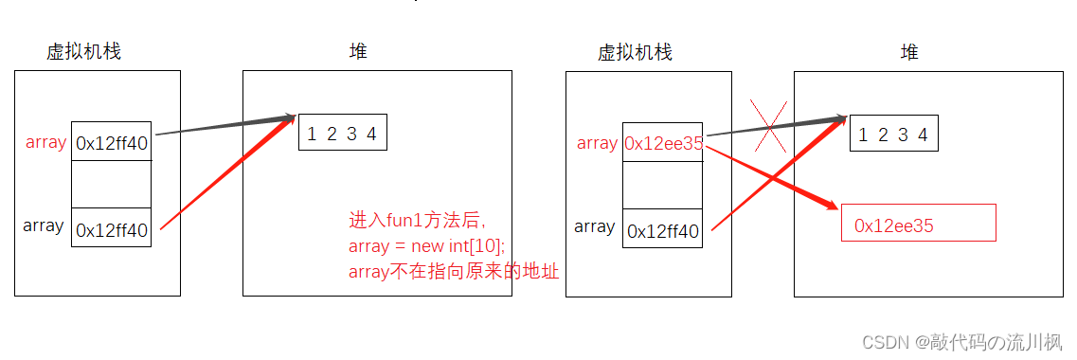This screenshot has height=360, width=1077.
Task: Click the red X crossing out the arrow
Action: click(x=767, y=126)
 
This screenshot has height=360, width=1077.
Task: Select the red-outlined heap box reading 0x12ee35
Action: click(x=918, y=224)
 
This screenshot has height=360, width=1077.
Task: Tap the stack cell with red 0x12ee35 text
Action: click(x=662, y=144)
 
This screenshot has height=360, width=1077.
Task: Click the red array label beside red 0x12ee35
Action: click(x=597, y=143)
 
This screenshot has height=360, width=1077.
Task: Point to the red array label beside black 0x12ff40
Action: click(x=45, y=143)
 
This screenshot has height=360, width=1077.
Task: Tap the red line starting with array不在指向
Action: click(x=454, y=272)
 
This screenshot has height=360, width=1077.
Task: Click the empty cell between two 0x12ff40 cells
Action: click(x=112, y=184)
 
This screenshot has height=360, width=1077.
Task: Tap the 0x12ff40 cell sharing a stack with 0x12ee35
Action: click(x=662, y=230)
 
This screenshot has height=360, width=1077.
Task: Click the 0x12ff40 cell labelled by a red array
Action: click(x=112, y=144)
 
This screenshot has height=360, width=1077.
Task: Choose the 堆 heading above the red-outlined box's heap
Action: click(x=908, y=52)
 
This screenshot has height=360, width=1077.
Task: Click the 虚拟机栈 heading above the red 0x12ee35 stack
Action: click(x=634, y=52)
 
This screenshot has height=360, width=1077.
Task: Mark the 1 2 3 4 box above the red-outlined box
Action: click(x=893, y=134)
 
